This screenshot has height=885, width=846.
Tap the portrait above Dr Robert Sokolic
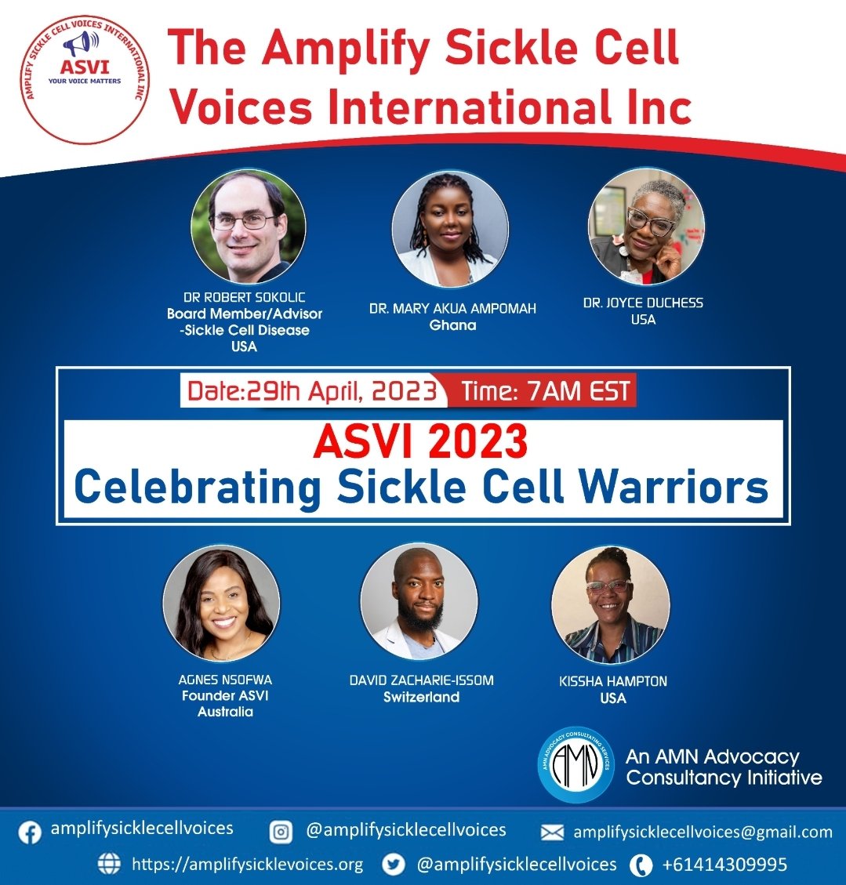pos(248,227)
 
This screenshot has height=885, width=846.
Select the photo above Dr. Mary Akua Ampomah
pos(450,229)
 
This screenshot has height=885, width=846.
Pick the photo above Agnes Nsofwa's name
pos(221,604)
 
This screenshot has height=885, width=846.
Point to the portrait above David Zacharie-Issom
pos(419,601)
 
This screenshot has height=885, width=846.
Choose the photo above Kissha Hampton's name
pos(611,604)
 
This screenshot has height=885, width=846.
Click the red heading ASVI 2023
pos(420,442)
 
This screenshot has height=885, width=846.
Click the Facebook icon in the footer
pos(30,832)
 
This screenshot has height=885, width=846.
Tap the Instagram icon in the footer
pos(281,832)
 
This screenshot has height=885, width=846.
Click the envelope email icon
pos(553,832)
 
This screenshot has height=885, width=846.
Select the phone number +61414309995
pos(724,865)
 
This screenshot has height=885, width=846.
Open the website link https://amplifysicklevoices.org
pos(247,865)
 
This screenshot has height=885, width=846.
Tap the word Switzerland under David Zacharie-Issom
pos(421,697)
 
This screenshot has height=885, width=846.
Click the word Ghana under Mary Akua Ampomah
pos(452,325)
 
